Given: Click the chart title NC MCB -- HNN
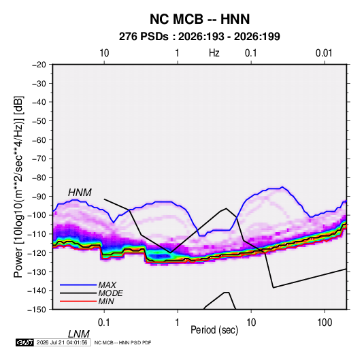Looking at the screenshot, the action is click(x=199, y=19).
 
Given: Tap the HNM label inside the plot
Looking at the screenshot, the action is click(x=80, y=193).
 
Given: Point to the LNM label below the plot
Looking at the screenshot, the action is click(x=78, y=334).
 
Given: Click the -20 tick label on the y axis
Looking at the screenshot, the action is click(x=39, y=65).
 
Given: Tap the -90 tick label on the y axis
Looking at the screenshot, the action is click(x=39, y=196).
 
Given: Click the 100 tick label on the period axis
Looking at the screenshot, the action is click(x=325, y=323).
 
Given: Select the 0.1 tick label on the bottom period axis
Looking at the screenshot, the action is click(x=104, y=323).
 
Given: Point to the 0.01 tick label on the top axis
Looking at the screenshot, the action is click(x=324, y=53).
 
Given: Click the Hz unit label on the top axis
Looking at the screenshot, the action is click(x=214, y=53).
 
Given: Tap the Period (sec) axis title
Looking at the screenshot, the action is click(x=214, y=330).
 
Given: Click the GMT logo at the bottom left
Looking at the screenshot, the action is click(x=25, y=342).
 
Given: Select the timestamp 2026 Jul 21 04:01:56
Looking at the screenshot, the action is click(x=62, y=342).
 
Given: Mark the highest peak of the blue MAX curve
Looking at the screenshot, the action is click(x=282, y=186).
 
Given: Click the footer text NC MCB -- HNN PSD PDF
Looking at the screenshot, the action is click(x=122, y=342).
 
